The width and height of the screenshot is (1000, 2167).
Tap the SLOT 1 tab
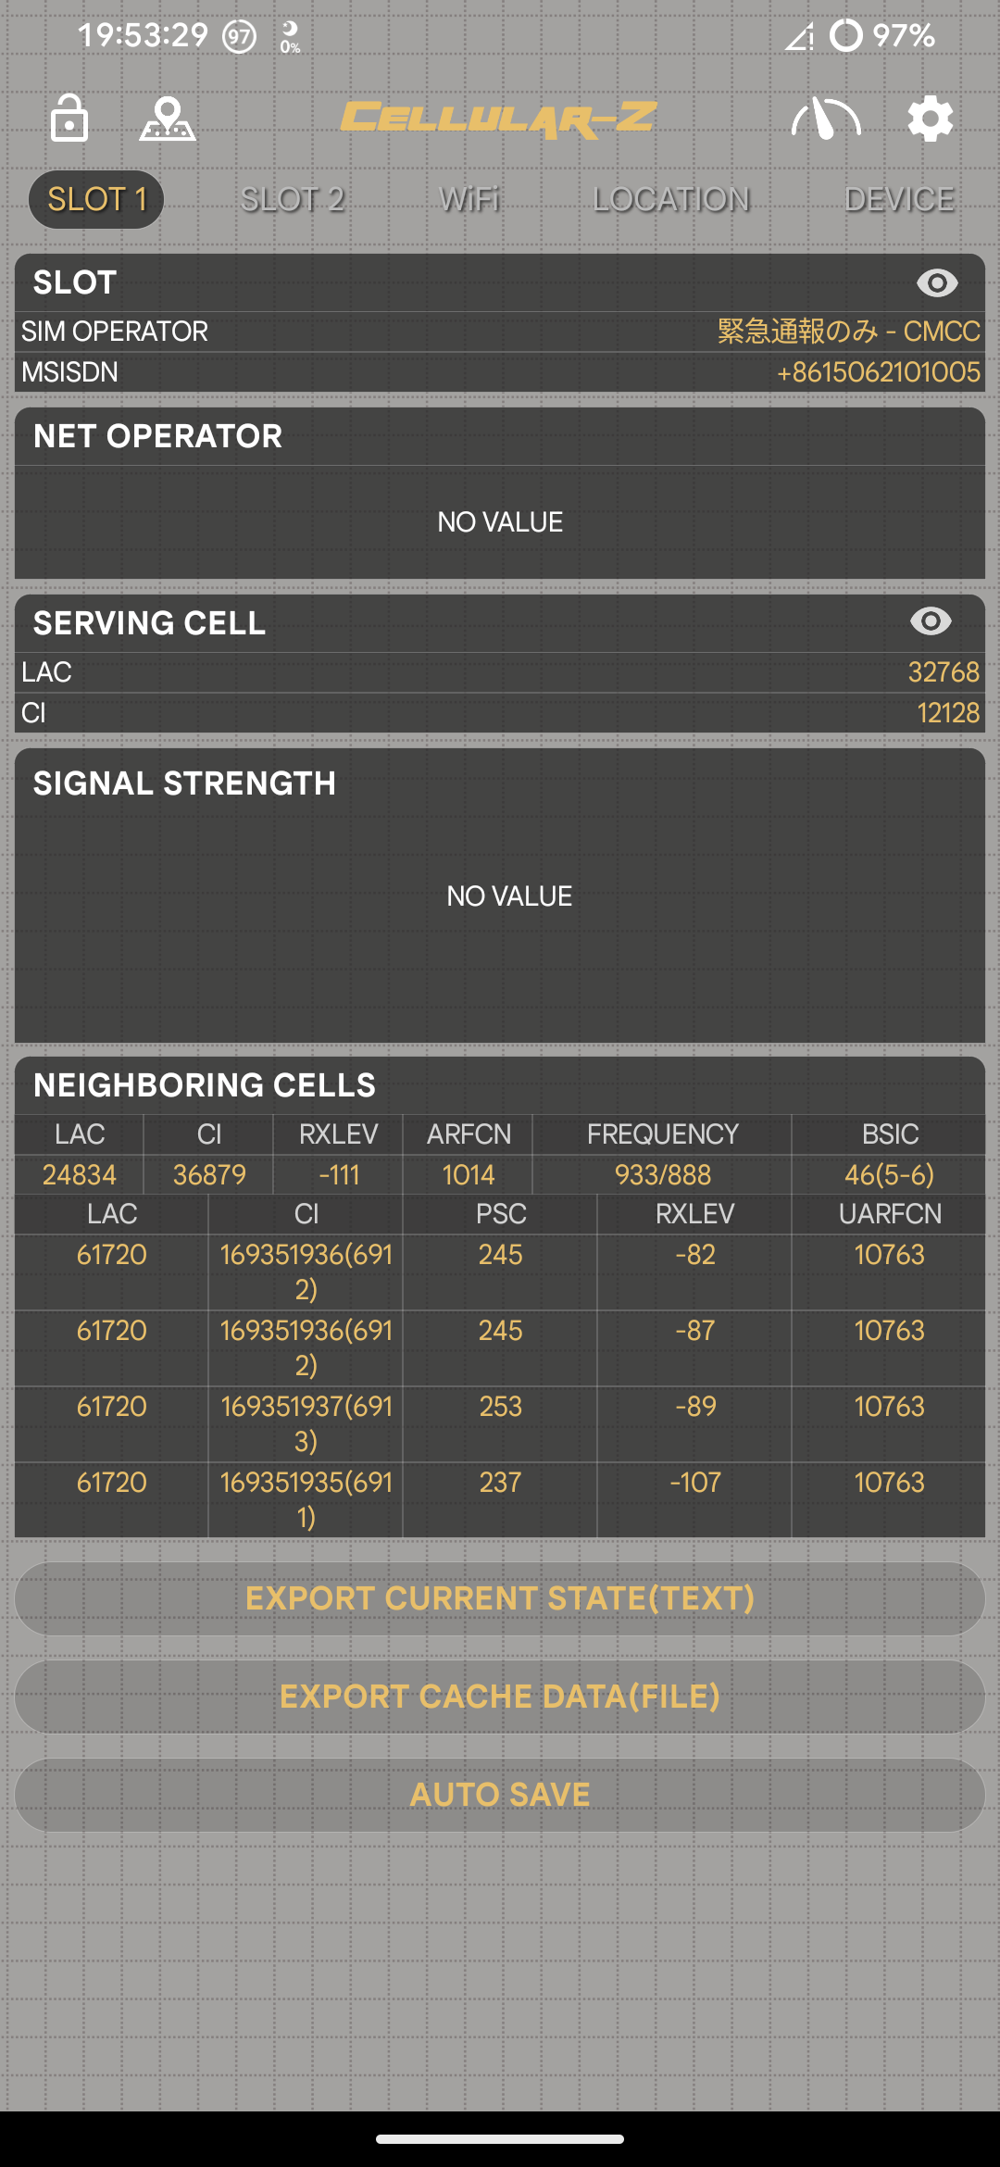click(x=96, y=199)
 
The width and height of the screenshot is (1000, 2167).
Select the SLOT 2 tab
click(x=293, y=199)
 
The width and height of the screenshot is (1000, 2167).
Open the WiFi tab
click(x=469, y=199)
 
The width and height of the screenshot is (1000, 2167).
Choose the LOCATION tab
click(x=671, y=199)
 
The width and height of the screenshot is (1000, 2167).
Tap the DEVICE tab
click(x=899, y=199)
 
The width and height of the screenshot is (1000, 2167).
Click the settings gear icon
click(x=930, y=119)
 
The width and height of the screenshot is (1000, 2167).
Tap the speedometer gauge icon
click(x=826, y=119)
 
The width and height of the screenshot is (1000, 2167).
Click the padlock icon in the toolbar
click(x=69, y=119)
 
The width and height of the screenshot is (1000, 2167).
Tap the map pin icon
click(x=168, y=119)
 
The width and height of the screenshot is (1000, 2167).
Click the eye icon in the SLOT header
click(x=937, y=282)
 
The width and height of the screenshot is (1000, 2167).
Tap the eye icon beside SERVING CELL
click(x=931, y=621)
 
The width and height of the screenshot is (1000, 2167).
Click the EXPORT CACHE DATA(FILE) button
click(x=500, y=1697)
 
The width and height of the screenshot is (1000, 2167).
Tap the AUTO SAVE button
click(x=500, y=1795)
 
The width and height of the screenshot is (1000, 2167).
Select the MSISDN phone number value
click(x=878, y=372)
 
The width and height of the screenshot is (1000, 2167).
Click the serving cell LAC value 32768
click(x=944, y=672)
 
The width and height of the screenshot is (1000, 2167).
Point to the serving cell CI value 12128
click(x=948, y=713)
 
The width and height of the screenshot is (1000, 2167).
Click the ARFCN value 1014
click(x=469, y=1175)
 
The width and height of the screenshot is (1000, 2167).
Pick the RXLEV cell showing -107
click(x=694, y=1483)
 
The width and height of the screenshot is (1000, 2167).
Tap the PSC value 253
click(x=500, y=1407)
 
